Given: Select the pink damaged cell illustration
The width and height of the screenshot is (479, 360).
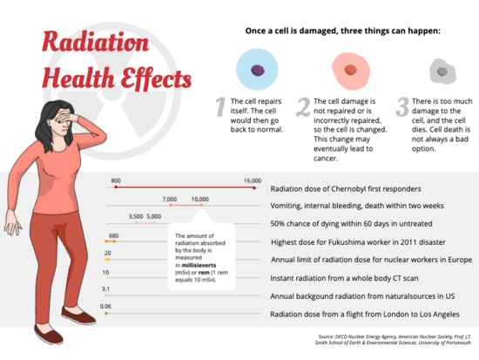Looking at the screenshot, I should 349,70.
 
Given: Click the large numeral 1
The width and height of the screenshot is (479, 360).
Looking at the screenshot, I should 221,107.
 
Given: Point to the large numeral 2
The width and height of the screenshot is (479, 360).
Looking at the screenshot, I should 303,107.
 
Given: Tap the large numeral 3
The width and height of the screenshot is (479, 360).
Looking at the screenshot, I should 402,107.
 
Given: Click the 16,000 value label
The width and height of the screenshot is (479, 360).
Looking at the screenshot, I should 253,180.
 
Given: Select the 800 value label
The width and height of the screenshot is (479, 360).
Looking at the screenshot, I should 116,180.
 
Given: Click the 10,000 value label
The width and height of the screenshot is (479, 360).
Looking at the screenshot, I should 200,199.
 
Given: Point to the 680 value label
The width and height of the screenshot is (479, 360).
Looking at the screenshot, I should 113,234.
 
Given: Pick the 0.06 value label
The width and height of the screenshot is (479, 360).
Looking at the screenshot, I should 105,306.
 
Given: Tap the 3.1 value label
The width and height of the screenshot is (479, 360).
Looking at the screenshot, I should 105,288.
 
